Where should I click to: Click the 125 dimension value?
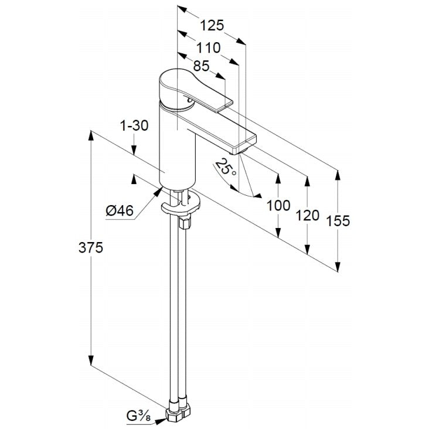[212, 25]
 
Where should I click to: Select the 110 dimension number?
[209, 48]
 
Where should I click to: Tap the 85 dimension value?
[201, 66]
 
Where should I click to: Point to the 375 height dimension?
[91, 247]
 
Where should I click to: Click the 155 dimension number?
[338, 221]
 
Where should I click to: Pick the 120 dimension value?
[308, 215]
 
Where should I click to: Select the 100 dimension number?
[278, 206]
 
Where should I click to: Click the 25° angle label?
[225, 168]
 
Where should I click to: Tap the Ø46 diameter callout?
[120, 210]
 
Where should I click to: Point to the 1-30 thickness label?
[134, 125]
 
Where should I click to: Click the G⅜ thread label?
[139, 416]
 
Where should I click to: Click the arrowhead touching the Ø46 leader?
[158, 191]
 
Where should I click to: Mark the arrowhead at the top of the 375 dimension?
[91, 136]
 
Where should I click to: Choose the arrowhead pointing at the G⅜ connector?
[161, 421]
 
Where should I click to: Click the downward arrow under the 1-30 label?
[134, 149]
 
